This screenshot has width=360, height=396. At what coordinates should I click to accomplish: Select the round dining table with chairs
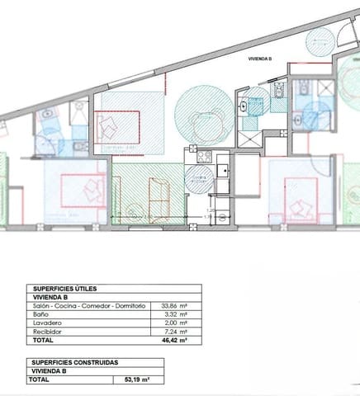click(x=201, y=123)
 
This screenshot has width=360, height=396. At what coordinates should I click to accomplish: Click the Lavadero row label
click(x=45, y=323)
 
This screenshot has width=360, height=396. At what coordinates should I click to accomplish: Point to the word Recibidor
click(x=46, y=331)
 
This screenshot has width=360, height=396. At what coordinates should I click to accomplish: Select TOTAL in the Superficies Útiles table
click(x=44, y=339)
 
